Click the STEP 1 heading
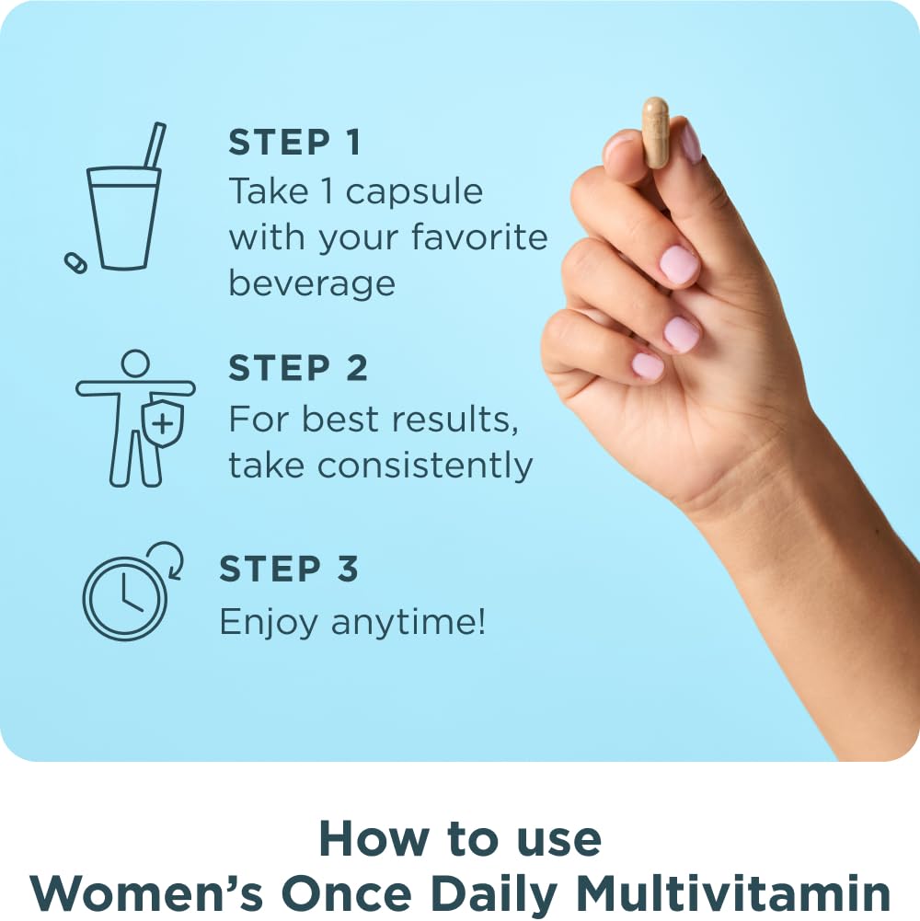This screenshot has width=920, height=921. (x=294, y=143)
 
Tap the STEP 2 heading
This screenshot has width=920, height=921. (x=298, y=368)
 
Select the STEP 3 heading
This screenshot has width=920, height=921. (x=289, y=569)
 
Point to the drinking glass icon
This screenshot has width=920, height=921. (x=123, y=217)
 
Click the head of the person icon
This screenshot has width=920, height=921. (x=135, y=363)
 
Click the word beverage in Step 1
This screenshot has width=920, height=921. (x=312, y=282)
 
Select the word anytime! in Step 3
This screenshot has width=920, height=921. (x=408, y=623)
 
